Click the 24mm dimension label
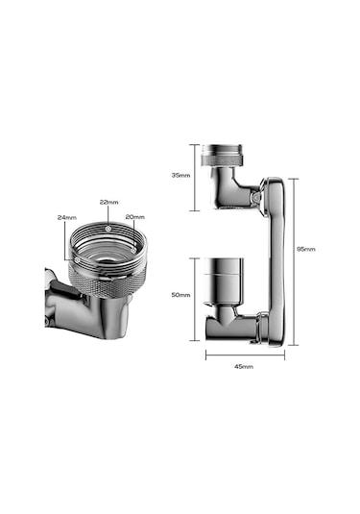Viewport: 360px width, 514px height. pyautogui.click(x=67, y=217)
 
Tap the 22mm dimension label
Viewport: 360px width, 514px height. pyautogui.click(x=109, y=203)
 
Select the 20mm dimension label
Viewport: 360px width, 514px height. pyautogui.click(x=135, y=217)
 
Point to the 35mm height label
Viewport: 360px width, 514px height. pyautogui.click(x=180, y=176)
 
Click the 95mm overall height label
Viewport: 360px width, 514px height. pyautogui.click(x=306, y=249)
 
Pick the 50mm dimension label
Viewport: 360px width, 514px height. pyautogui.click(x=180, y=295)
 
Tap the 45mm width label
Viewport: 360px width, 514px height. pyautogui.click(x=244, y=366)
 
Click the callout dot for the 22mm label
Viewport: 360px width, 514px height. pyautogui.click(x=108, y=229)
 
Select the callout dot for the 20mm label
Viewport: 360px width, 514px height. pyautogui.click(x=133, y=250)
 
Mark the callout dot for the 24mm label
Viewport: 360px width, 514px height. pyautogui.click(x=77, y=259)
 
